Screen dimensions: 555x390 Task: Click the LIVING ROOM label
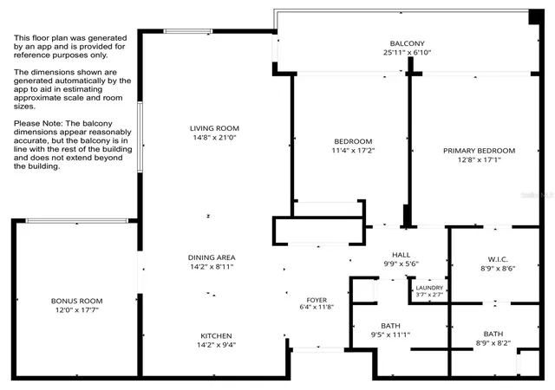point(214,128)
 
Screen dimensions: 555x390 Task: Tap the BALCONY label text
point(407,43)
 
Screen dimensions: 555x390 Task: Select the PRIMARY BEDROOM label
point(480,151)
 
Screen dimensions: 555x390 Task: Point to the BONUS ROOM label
point(77,302)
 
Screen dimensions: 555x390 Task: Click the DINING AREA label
point(212,257)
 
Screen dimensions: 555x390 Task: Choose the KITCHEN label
point(216,336)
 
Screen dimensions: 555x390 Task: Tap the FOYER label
point(317,300)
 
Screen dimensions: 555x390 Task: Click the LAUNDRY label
point(429,288)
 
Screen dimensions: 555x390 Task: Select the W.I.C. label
point(498,259)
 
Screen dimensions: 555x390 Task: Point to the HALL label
point(402,255)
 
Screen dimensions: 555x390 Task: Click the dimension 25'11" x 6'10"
point(407,53)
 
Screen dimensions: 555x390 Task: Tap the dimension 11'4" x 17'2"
point(353,151)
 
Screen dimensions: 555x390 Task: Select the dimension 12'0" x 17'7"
point(77,310)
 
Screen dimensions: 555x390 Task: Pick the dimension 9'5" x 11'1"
point(391,335)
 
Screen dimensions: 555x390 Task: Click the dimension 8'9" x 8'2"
point(493,343)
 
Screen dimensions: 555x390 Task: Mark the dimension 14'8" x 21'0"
point(214,138)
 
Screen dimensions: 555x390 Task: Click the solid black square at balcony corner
point(536,16)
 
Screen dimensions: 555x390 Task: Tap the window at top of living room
point(188,31)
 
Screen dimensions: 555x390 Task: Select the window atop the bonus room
point(77,221)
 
